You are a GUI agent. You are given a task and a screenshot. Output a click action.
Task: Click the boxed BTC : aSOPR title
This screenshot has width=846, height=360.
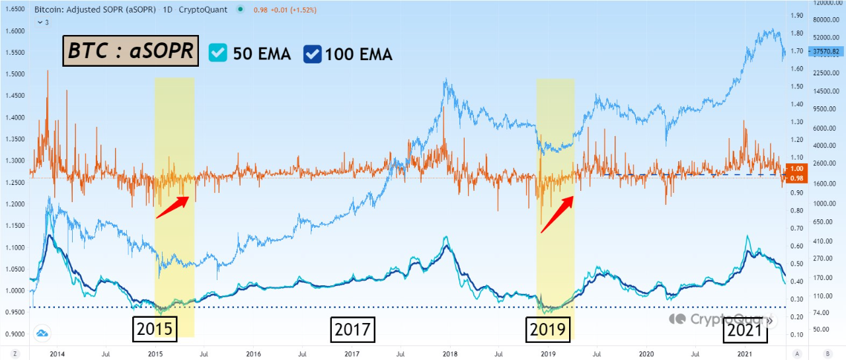(131, 52)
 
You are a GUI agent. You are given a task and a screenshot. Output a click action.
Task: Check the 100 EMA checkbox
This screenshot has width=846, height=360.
(313, 53)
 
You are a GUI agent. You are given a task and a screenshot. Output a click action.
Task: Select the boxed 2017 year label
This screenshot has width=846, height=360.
(352, 329)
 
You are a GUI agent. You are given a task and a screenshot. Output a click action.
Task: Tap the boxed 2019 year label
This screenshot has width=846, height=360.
(548, 329)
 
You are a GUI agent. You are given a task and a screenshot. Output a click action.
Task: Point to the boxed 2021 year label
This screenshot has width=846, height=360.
(745, 329)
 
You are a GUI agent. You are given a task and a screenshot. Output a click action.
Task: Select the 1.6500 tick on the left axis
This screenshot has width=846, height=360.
(15, 10)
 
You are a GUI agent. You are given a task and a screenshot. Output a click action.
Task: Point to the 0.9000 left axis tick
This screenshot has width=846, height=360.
(15, 334)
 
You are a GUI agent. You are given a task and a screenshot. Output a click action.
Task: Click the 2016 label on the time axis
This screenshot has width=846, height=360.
(253, 354)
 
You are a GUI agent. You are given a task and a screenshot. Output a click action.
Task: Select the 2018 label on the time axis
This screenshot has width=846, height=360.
(449, 354)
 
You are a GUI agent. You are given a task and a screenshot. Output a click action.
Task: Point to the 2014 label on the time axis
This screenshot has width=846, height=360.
(57, 354)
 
